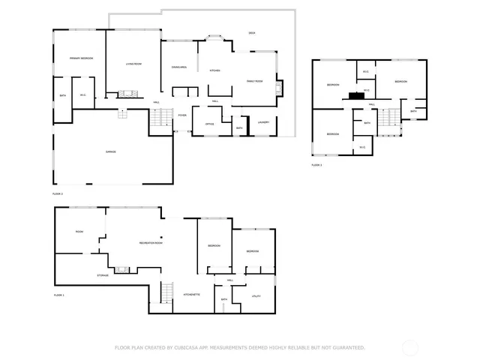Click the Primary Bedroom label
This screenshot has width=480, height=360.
81,58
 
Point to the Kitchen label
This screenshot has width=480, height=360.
214,70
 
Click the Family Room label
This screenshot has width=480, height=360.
255,81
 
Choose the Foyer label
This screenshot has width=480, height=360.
182,115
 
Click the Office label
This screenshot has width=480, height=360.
210,123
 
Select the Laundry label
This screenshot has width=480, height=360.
263,122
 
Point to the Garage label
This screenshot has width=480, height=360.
110,151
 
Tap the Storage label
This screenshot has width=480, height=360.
103,275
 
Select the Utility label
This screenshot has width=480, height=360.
256,297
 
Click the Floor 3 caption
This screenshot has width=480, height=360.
316,164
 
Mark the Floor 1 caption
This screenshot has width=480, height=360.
58,295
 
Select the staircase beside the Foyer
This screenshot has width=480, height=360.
157,118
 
